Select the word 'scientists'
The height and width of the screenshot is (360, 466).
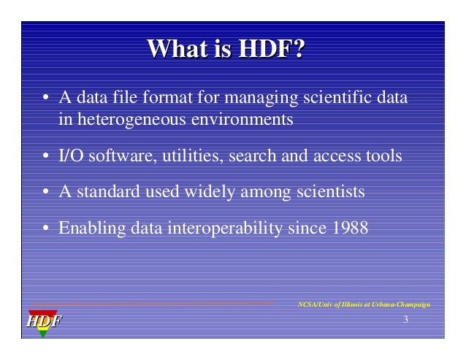(330, 193)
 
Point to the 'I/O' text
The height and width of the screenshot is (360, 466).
(70, 156)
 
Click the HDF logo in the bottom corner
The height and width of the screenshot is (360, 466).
(45, 321)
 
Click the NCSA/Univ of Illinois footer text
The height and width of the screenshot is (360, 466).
(364, 303)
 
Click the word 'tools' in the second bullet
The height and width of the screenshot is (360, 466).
(383, 156)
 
